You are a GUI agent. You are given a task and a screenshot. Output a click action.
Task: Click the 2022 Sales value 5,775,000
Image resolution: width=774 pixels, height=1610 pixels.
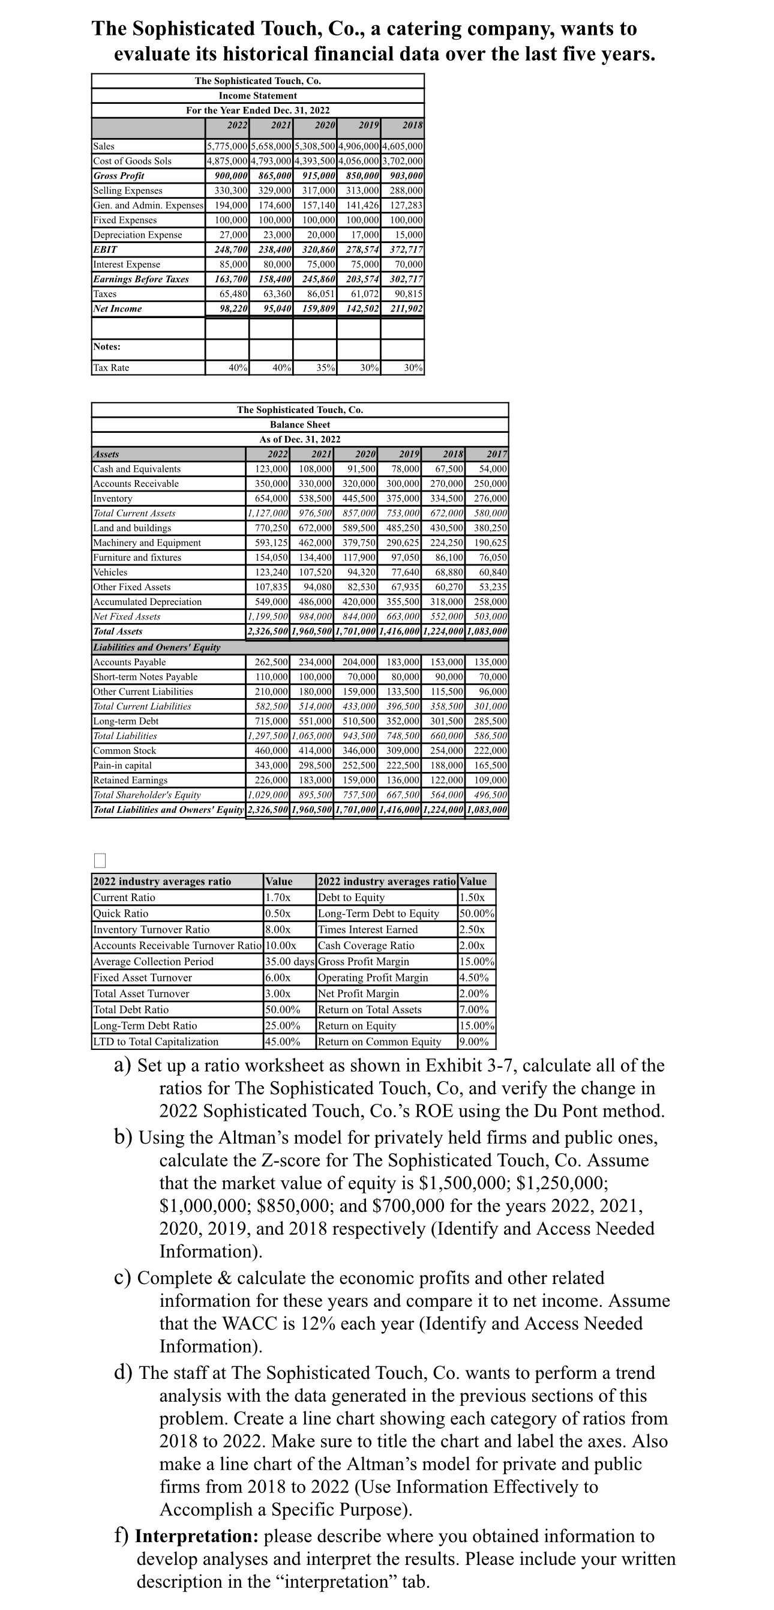[227, 146]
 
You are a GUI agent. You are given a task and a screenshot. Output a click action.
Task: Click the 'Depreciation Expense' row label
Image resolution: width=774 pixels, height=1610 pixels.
[137, 235]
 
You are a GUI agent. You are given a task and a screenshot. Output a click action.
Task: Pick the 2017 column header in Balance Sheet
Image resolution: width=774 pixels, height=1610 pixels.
[497, 454]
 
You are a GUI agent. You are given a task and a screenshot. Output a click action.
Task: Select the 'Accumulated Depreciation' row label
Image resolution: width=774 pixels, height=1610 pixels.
[148, 602]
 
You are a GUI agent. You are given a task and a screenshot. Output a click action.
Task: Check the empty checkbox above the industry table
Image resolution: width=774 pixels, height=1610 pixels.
[100, 861]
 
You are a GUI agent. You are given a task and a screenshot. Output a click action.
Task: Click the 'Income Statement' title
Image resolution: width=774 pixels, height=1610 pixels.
[257, 95]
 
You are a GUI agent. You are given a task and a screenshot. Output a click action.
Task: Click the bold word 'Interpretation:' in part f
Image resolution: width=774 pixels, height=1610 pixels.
[197, 1536]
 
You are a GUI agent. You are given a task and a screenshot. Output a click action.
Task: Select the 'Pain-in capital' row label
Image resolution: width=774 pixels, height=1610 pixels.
[122, 765]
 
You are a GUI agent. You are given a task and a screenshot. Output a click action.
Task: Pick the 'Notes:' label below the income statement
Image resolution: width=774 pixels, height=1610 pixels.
[107, 347]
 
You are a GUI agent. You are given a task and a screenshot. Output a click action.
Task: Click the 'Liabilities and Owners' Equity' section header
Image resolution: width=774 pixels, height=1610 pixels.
[156, 648]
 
